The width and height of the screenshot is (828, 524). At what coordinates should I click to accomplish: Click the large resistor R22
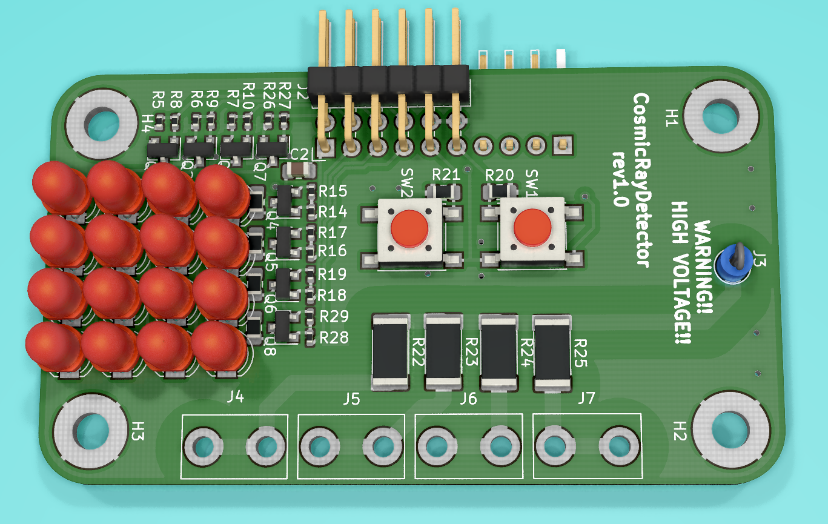point(391,351)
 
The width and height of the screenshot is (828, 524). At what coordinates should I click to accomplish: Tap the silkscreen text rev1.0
point(620,179)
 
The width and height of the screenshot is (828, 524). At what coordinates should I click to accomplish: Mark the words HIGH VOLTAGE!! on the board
point(681,273)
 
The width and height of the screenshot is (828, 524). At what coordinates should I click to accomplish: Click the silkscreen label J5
point(351,399)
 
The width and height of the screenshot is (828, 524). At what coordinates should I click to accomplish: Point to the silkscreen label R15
point(333,191)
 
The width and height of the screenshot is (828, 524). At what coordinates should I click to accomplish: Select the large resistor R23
point(443,351)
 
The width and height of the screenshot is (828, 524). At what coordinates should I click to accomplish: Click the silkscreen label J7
point(586,399)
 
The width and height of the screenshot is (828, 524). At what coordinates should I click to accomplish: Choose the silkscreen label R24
point(526,351)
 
